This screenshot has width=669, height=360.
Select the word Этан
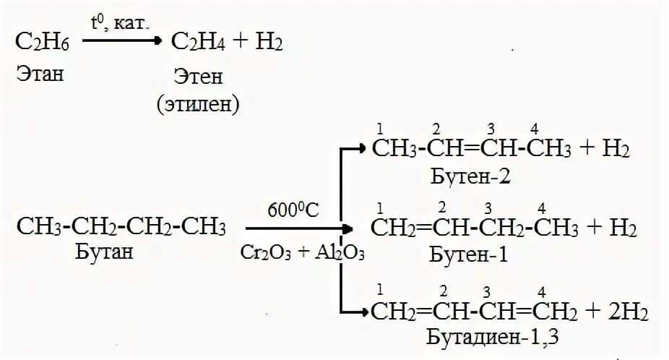[40, 74]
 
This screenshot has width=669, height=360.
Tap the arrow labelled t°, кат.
[119, 41]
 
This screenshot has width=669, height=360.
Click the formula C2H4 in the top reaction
[197, 43]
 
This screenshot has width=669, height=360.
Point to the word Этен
[197, 77]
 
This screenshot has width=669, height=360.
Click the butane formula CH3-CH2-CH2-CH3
[121, 228]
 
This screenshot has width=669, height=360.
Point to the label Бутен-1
[461, 254]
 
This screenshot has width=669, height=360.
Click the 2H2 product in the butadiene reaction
[629, 312]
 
